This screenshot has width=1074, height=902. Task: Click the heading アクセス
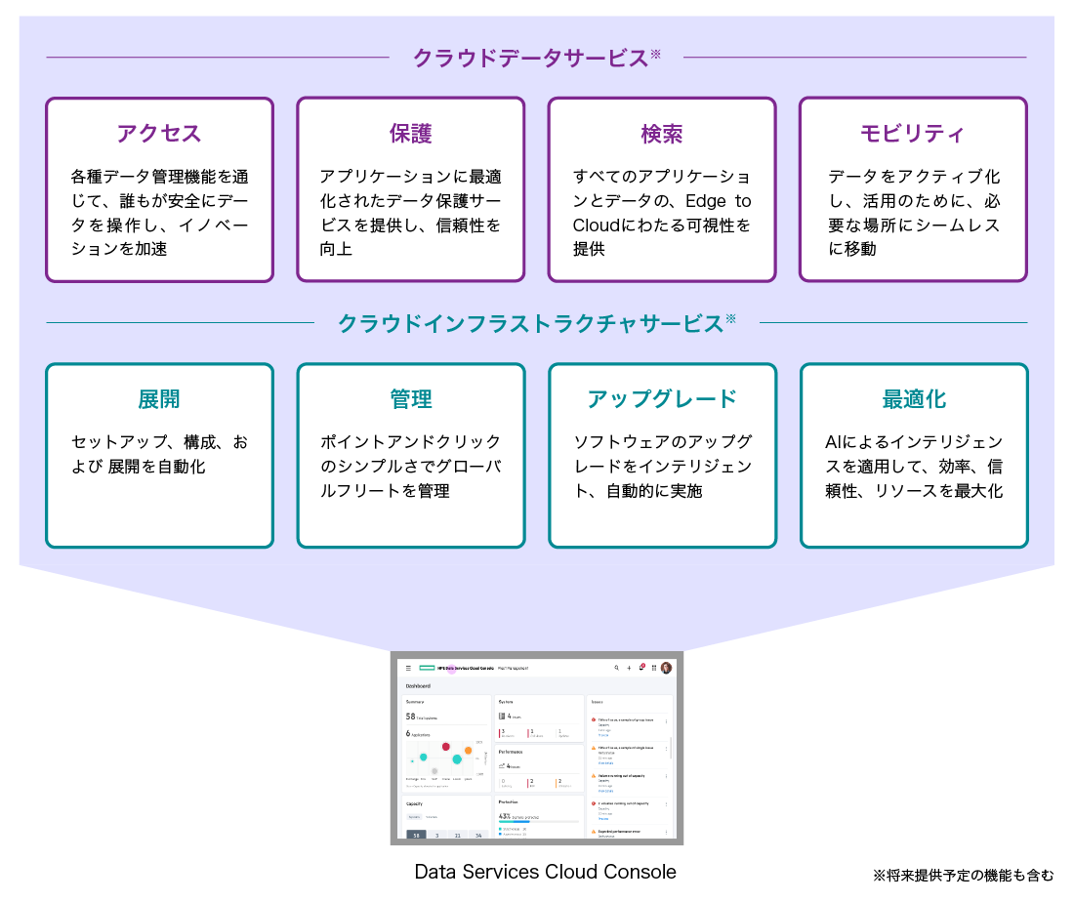159,134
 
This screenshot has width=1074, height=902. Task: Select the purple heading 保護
410,134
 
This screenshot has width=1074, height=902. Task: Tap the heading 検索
661,134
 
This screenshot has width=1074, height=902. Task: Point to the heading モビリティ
913,134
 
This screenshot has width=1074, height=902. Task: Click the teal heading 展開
159,399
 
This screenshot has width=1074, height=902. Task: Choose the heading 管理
410,399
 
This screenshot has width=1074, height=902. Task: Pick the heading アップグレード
661,399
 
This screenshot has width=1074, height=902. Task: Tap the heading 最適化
913,399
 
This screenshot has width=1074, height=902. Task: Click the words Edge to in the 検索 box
718,201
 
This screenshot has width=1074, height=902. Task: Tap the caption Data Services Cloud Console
545,872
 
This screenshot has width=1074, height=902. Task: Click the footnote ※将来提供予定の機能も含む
963,876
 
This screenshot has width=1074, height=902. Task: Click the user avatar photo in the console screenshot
666,668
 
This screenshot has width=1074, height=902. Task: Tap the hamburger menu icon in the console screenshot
408,669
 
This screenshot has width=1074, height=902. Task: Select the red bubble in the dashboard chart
446,747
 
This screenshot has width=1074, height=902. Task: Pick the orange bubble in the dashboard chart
468,751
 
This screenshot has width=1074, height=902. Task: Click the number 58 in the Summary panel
410,716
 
